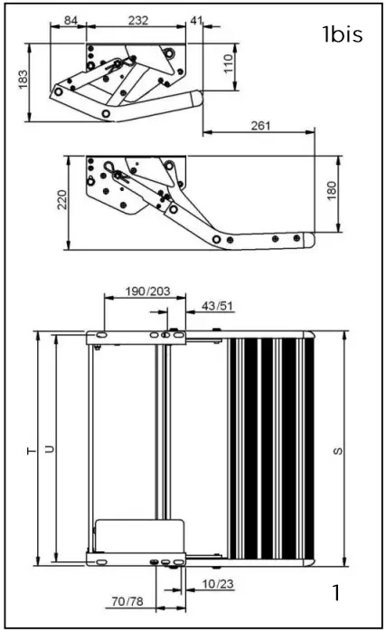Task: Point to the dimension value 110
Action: point(229,62)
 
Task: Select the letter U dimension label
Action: point(50,450)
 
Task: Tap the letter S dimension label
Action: point(337,450)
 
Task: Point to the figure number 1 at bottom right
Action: point(335,594)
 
